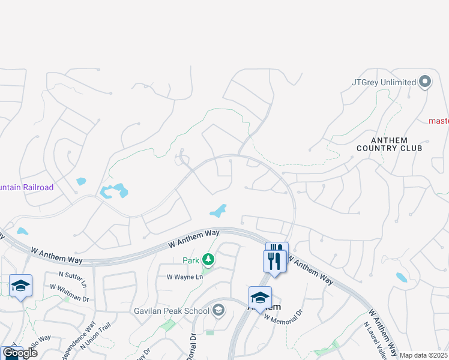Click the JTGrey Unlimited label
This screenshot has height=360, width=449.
coord(384,82)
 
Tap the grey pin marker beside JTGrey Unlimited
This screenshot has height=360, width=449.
coord(426,82)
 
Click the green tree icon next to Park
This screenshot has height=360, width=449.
coord(208,259)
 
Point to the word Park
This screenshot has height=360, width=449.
coord(191,260)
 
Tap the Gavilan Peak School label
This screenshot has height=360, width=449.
coord(171,311)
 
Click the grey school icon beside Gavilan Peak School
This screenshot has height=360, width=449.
coord(218,310)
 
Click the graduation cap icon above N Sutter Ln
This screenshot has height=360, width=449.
coord(20,286)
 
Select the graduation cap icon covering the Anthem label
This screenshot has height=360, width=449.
coord(260,297)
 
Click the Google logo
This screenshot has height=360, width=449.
coord(20,352)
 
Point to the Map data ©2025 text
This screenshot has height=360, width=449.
coord(424,355)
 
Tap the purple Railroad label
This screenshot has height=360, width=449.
coord(26,188)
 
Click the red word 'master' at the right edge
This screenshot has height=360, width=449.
coord(438,121)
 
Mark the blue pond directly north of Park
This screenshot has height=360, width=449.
coord(217,211)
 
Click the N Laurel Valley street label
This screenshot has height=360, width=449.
coord(373,340)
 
